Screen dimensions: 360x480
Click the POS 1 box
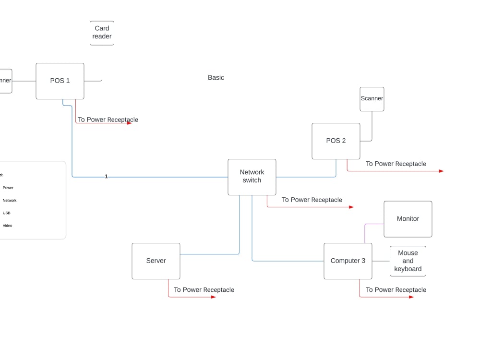pyautogui.click(x=60, y=81)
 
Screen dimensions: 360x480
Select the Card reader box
pyautogui.click(x=102, y=33)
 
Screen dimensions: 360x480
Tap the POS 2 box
pyautogui.click(x=336, y=141)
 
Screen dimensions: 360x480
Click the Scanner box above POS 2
pyautogui.click(x=372, y=99)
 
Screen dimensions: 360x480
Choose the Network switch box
pyautogui.click(x=252, y=177)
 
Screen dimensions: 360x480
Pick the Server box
pyautogui.click(x=156, y=261)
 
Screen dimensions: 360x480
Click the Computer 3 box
pyautogui.click(x=348, y=261)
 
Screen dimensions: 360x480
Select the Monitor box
pyautogui.click(x=408, y=219)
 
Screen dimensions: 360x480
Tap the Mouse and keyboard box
pyautogui.click(x=408, y=261)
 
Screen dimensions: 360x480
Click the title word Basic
pyautogui.click(x=216, y=78)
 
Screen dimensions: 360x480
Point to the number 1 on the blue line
pyautogui.click(x=106, y=177)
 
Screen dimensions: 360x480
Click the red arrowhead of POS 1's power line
pyautogui.click(x=129, y=123)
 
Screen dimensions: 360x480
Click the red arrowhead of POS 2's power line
pyautogui.click(x=441, y=171)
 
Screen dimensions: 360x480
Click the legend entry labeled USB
pyautogui.click(x=7, y=213)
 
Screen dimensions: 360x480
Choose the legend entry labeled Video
pyautogui.click(x=7, y=226)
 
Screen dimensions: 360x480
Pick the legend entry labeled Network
pyautogui.click(x=10, y=201)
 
